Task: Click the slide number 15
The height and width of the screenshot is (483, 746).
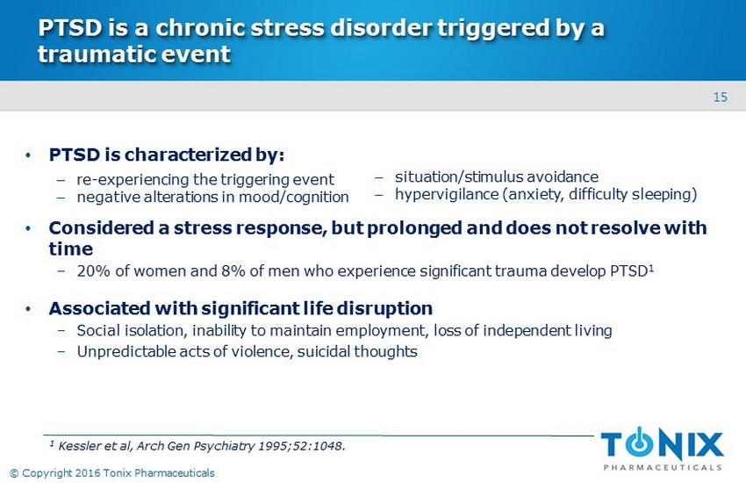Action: pos(720,97)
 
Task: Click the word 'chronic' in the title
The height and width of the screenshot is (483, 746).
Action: pos(200,27)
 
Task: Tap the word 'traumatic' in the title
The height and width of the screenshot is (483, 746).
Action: pos(97,54)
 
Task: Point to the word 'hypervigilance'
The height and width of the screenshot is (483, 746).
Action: pos(447,194)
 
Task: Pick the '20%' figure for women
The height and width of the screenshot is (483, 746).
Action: pos(94,270)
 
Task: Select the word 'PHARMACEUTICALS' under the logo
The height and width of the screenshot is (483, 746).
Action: pos(663,467)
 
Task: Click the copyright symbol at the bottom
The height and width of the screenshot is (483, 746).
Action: pos(14,473)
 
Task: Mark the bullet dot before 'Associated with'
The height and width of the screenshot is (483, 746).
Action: pos(28,309)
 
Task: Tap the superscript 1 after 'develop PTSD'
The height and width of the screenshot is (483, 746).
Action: pos(651,268)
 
